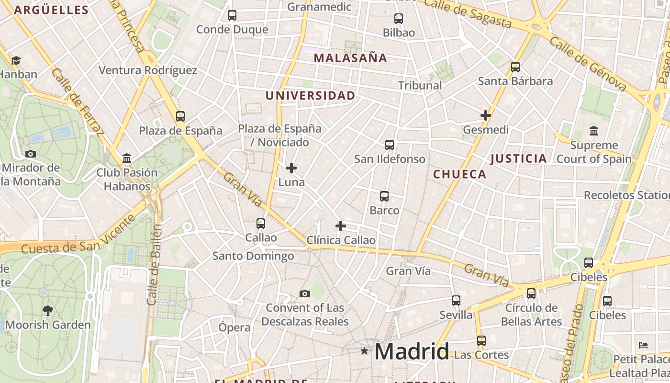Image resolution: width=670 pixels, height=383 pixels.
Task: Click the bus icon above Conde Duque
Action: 232,15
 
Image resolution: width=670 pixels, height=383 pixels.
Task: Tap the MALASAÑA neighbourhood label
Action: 350,58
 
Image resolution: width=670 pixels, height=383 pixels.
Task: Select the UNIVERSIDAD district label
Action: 310,95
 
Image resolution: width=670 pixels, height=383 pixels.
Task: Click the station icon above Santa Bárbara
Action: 515,67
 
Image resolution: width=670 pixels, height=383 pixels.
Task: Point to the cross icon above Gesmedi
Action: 486,115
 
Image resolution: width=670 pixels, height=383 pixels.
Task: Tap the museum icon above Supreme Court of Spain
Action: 594,131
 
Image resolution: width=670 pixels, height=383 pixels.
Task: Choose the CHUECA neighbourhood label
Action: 459,174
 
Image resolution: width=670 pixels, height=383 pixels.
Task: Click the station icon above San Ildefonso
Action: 390,145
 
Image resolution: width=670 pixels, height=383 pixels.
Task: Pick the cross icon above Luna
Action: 291,168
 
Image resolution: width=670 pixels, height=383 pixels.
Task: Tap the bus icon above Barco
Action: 384,196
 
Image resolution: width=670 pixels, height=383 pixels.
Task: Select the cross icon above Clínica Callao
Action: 341,225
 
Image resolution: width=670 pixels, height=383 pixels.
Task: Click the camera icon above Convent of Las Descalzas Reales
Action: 305,293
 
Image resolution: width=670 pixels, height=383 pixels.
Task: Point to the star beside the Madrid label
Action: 365,351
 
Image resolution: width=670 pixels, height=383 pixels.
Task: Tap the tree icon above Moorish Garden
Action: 47,311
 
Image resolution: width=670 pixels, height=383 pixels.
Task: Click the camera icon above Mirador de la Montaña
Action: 31,154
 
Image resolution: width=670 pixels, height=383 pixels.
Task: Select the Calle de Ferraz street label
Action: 78,101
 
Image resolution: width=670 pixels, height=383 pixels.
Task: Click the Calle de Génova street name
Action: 588,64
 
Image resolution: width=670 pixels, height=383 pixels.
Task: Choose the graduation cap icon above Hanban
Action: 16,60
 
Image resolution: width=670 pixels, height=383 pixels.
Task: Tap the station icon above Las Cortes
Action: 481,341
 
